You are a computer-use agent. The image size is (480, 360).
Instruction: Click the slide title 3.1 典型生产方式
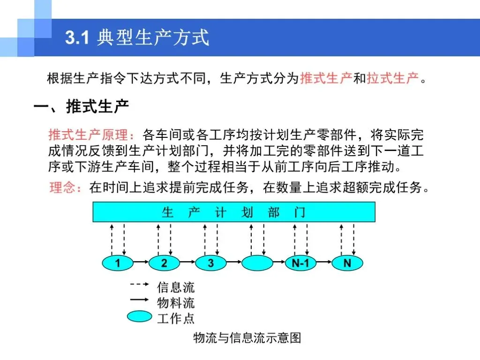(137, 37)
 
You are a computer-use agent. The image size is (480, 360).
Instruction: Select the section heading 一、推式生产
(81, 106)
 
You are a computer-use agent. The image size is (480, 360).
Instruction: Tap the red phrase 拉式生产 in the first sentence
(393, 78)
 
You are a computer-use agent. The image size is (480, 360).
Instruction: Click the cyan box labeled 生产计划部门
(234, 212)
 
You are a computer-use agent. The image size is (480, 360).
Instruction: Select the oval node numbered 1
(118, 263)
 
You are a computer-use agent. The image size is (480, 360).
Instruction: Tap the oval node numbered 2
(164, 263)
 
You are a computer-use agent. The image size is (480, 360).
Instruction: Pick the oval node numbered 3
(210, 263)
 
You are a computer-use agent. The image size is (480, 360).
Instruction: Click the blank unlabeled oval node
(257, 263)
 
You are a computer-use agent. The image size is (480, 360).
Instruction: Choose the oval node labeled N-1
(300, 263)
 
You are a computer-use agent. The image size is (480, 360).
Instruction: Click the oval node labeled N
(347, 263)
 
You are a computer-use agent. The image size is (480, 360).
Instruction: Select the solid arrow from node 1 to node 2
(141, 262)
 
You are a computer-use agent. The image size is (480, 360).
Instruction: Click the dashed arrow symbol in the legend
(140, 284)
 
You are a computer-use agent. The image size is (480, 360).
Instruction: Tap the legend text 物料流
(176, 303)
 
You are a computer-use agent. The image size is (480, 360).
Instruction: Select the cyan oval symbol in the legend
(140, 316)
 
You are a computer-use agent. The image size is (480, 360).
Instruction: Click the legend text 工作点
(176, 318)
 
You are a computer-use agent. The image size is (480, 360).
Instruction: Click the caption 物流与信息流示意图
(247, 337)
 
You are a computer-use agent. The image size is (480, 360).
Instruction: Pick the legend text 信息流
(176, 287)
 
